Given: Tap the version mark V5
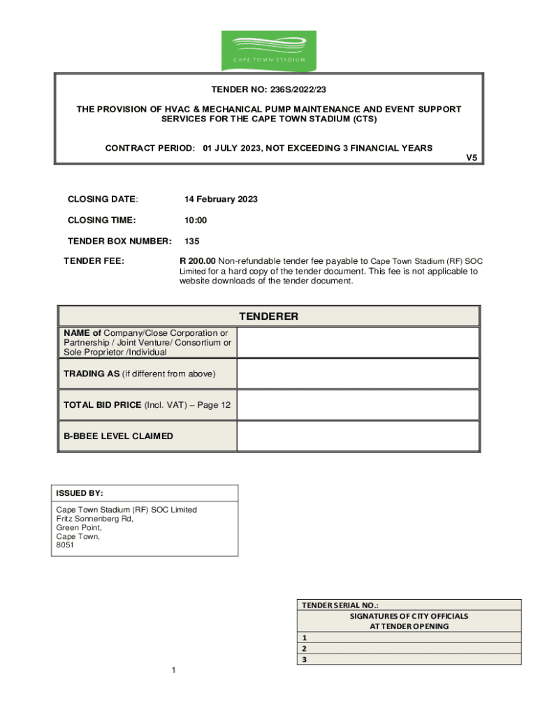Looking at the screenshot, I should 472,158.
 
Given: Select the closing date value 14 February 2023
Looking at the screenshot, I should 221,200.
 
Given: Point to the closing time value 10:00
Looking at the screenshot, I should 196,221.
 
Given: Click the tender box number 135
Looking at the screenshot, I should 192,242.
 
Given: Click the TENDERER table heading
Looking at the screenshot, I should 269,316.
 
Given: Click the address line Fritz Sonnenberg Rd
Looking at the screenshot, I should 94,519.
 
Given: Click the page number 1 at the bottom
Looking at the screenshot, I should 173,671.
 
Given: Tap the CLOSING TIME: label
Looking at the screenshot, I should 101,221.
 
